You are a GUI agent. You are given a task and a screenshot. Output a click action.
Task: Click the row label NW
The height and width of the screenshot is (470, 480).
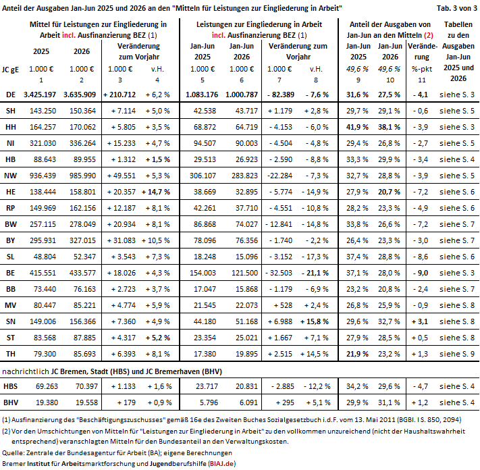(10, 176)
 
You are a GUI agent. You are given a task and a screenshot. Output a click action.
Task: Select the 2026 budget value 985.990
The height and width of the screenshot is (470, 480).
(82, 176)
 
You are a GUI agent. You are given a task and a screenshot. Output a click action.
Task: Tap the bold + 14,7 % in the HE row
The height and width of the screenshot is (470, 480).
(156, 192)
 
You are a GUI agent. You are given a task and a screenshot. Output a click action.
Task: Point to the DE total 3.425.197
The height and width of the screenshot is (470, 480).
(40, 95)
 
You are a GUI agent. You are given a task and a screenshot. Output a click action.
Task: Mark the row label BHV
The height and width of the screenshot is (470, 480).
(11, 402)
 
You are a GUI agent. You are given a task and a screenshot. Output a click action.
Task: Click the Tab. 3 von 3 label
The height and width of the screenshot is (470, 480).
(457, 8)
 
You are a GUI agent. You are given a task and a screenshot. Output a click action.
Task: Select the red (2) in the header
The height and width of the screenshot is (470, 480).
(428, 36)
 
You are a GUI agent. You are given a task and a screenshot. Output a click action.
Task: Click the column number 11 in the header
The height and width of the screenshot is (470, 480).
(422, 80)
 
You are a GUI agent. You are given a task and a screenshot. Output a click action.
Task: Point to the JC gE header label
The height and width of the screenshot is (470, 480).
(10, 70)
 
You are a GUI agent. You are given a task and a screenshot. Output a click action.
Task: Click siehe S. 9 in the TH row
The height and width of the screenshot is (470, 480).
(457, 354)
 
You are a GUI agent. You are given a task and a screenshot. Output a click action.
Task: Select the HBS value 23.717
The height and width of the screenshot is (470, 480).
(207, 386)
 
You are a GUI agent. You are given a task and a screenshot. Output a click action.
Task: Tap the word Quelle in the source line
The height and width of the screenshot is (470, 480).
(13, 453)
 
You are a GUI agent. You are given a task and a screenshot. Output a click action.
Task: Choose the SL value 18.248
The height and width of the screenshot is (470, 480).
(205, 257)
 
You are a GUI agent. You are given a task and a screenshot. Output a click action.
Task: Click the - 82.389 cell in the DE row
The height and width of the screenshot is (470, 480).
(281, 95)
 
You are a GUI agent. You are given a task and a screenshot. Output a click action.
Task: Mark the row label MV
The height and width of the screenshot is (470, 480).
(10, 305)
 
